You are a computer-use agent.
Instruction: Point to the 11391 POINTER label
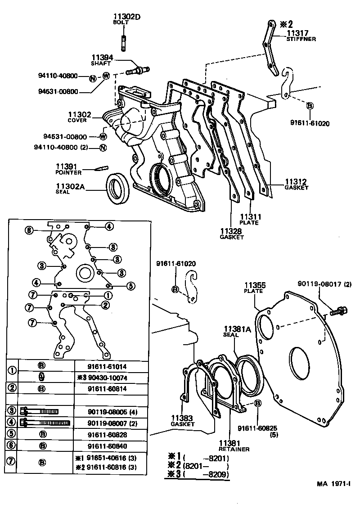[68, 169]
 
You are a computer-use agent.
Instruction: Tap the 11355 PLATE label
[255, 288]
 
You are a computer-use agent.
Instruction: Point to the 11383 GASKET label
[182, 421]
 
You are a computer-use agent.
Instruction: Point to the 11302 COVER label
[77, 117]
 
